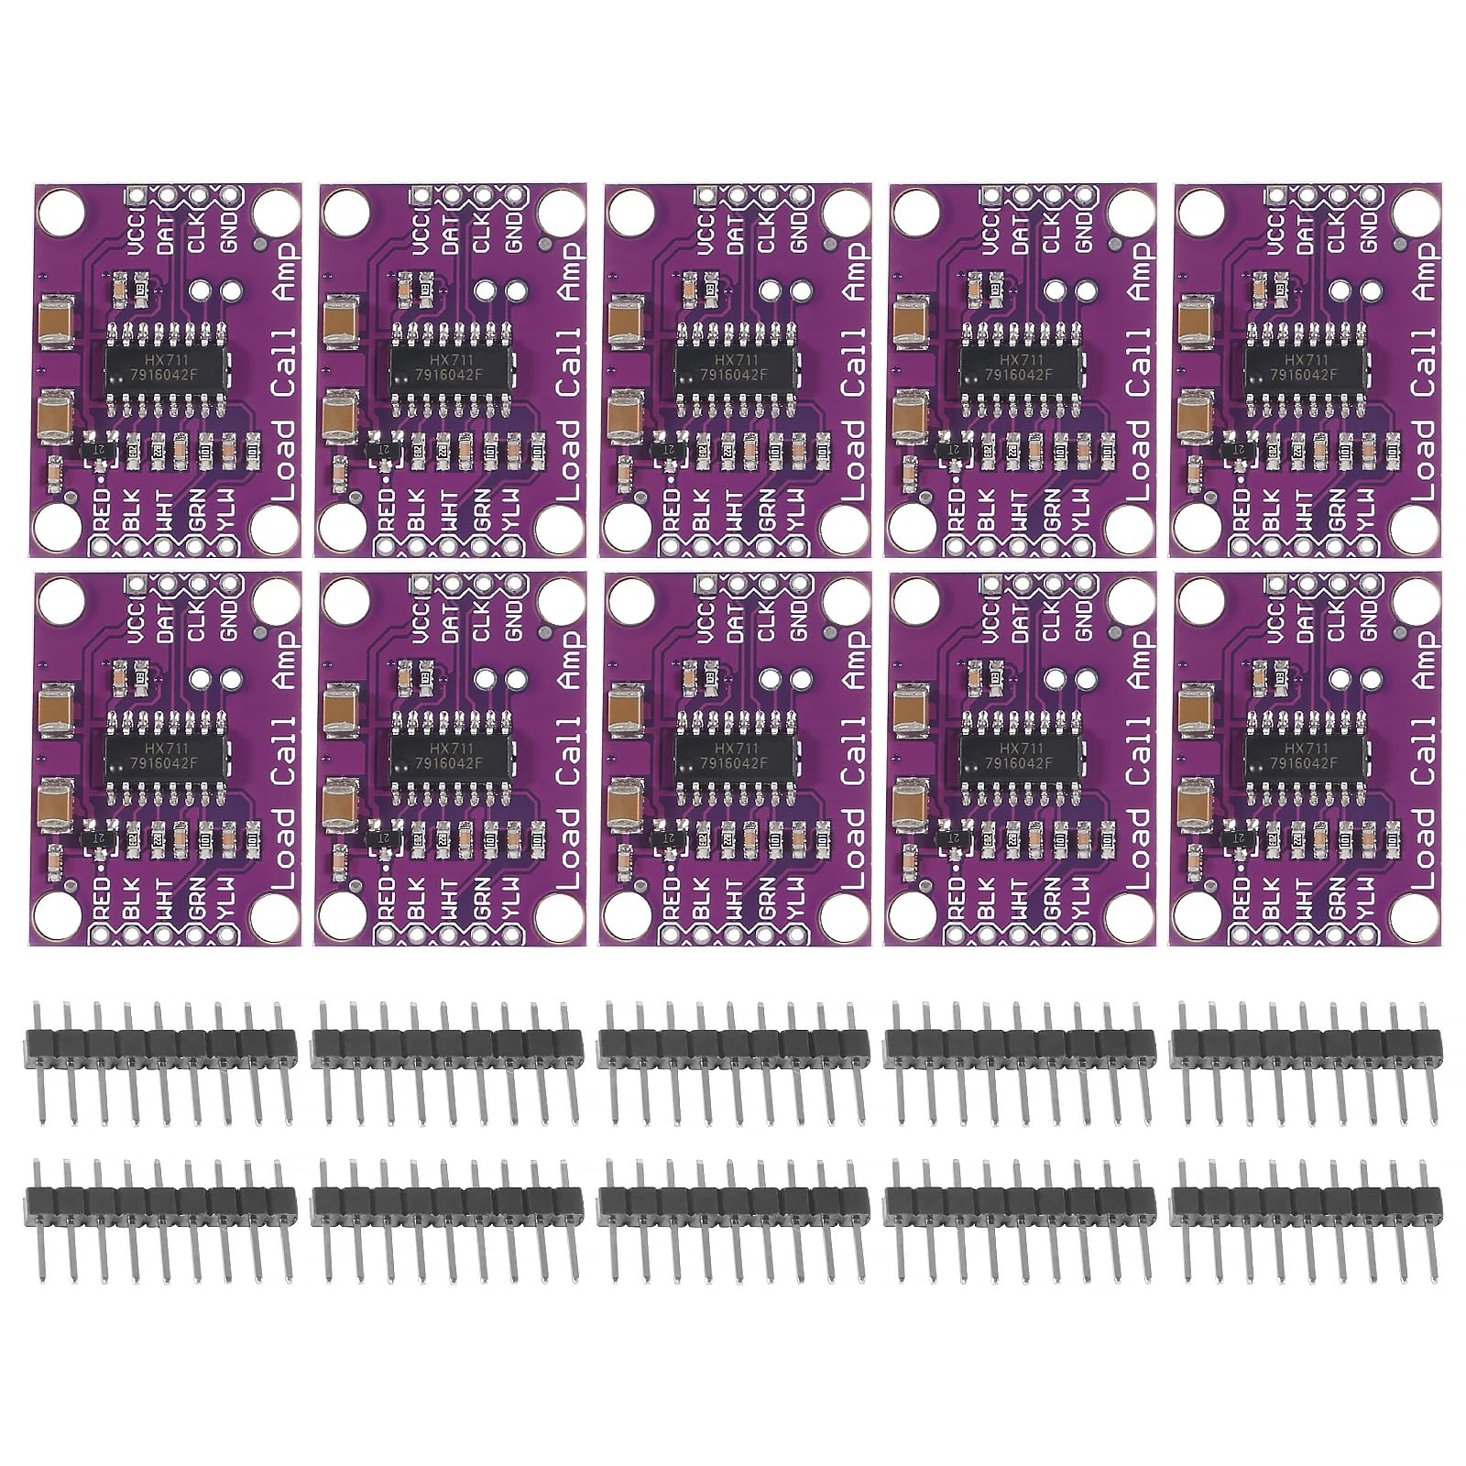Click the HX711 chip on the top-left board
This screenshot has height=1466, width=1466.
point(164,366)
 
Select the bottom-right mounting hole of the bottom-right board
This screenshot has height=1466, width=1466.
point(1410,912)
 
